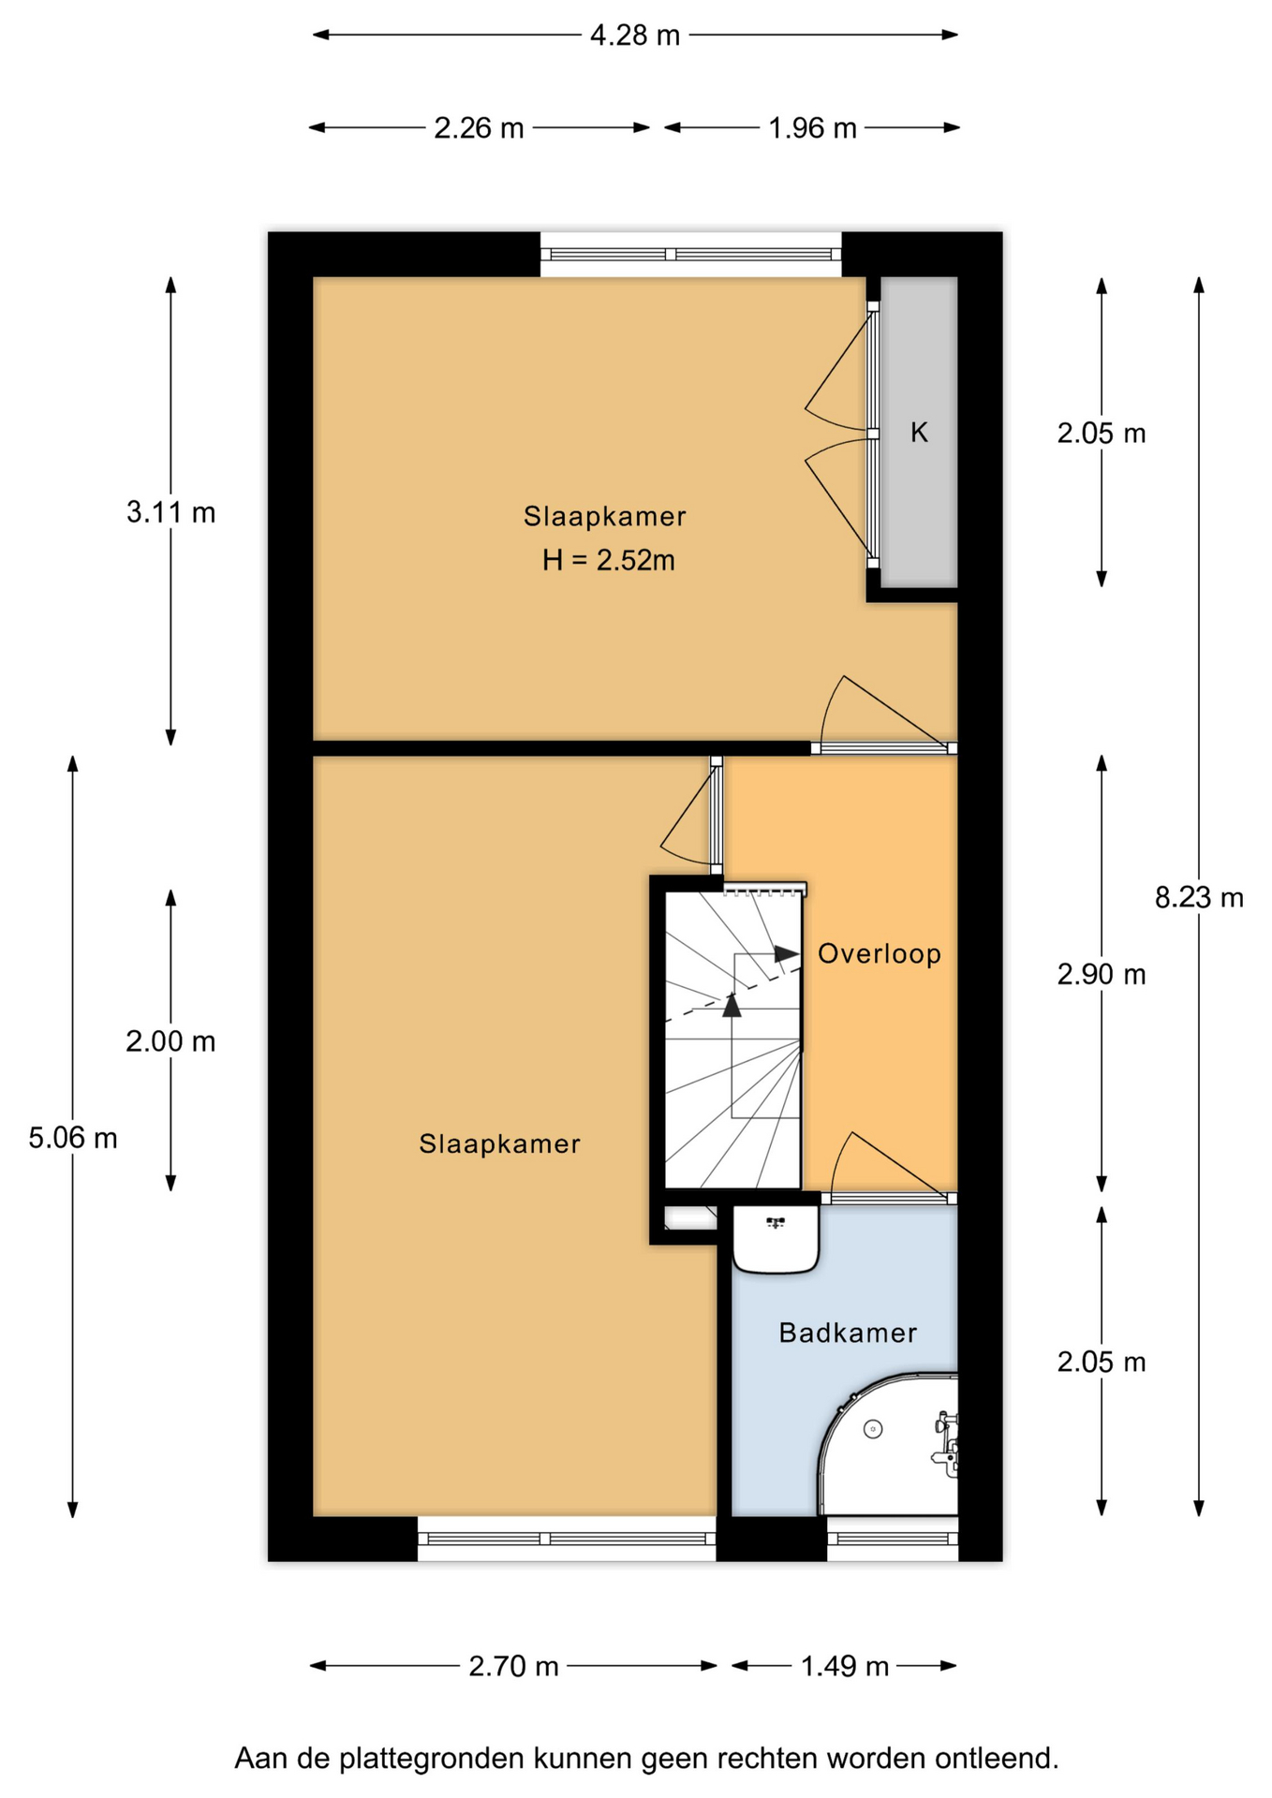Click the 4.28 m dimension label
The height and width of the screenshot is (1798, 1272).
[635, 36]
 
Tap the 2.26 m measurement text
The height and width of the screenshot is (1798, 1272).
[479, 127]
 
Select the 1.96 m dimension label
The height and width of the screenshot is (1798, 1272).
[812, 127]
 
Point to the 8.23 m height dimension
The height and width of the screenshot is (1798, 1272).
[1199, 898]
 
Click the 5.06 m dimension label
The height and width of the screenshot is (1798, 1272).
[73, 1138]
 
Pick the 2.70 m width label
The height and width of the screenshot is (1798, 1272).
[513, 1666]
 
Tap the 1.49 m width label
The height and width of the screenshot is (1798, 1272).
[844, 1666]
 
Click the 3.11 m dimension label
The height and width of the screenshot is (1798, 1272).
[171, 512]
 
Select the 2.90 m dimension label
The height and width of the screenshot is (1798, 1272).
[1102, 975]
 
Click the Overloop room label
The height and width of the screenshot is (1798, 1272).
[880, 953]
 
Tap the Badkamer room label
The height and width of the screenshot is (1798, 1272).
[848, 1333]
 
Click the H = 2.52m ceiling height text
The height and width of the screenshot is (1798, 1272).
[609, 560]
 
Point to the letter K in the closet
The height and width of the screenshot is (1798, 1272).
[919, 432]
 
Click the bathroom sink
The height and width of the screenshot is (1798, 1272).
[776, 1239]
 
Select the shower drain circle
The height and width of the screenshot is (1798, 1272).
[873, 1429]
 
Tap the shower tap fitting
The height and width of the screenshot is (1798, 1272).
[946, 1442]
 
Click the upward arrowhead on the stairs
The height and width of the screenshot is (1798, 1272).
[732, 1005]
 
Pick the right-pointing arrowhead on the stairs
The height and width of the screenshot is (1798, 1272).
[787, 954]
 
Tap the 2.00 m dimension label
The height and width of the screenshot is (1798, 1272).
[171, 1041]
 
